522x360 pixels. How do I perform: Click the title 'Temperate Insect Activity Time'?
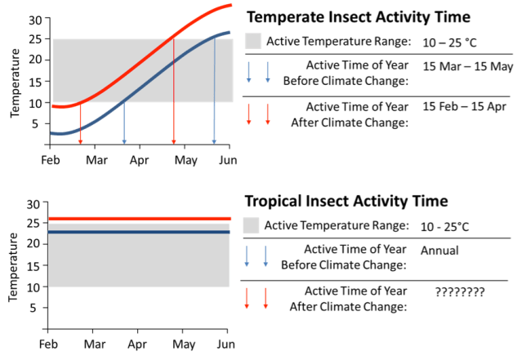click(x=359, y=16)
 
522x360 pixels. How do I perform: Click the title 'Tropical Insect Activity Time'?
click(x=346, y=201)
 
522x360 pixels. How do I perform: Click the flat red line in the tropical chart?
click(x=139, y=219)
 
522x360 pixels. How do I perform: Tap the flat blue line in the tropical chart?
click(x=139, y=232)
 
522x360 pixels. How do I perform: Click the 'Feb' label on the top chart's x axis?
click(x=51, y=159)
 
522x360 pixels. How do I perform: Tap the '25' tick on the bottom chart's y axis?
click(x=33, y=223)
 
